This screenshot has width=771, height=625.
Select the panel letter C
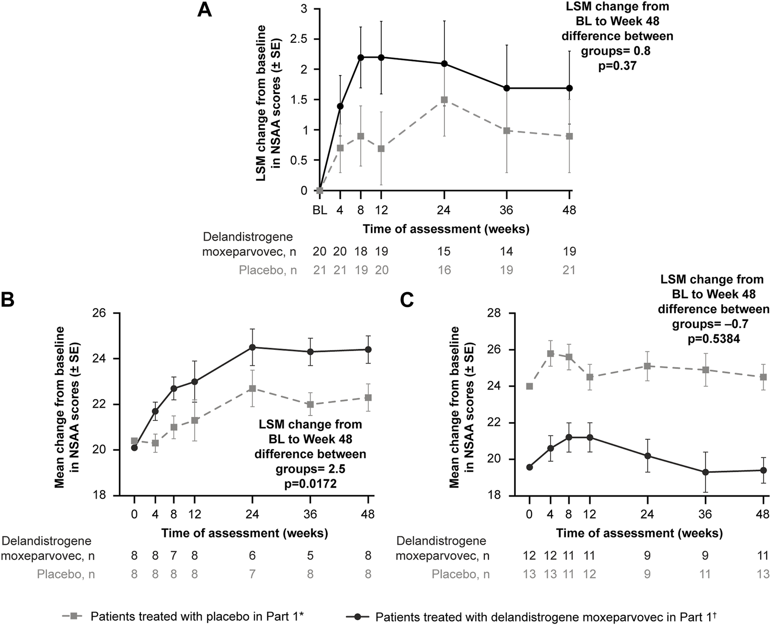coord(408,301)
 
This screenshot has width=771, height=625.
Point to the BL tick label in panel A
coord(320,210)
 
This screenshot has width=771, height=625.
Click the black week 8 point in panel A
coord(361,57)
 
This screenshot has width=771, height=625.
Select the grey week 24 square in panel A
coord(444,100)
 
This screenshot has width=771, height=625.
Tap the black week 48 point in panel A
coord(570,88)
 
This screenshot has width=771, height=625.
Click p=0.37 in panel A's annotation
coord(617,66)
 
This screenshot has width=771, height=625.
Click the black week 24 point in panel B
coord(252,347)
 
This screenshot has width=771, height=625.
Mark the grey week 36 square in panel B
coord(311,404)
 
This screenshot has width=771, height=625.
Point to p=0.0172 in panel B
coord(311,483)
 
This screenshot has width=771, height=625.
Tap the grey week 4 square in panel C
coord(551,353)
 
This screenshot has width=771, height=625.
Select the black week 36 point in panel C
coord(705,472)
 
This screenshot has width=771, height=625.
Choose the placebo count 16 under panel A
coord(444,270)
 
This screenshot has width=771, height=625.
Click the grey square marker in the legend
coord(74,616)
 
